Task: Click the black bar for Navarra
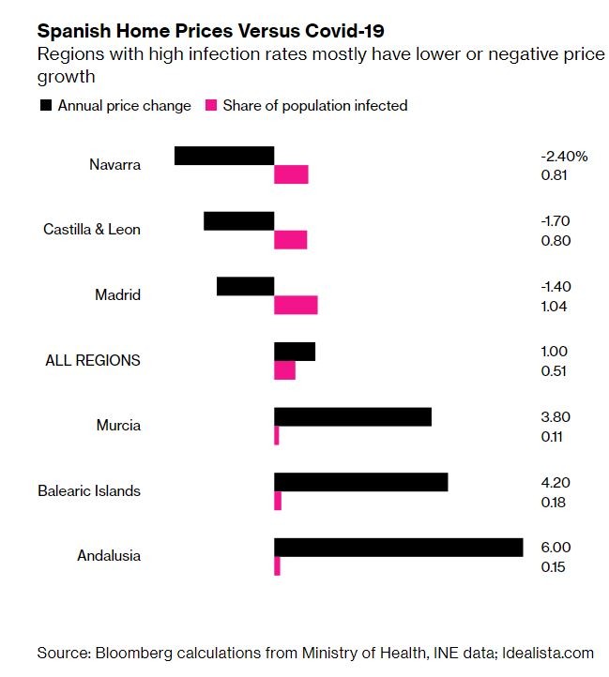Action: click(224, 156)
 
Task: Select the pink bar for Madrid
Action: click(296, 306)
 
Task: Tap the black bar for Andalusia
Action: click(398, 548)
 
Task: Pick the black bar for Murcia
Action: click(353, 416)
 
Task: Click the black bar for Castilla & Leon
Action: click(238, 221)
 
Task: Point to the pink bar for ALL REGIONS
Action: click(284, 371)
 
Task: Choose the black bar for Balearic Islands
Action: click(360, 482)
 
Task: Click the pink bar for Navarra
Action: click(291, 175)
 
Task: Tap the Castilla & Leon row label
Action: click(92, 230)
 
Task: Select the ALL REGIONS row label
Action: click(93, 360)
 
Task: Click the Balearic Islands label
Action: click(89, 490)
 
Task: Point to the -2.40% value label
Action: click(564, 157)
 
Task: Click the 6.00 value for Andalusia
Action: click(556, 548)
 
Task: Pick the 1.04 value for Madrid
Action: click(555, 306)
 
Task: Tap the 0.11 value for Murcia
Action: click(554, 437)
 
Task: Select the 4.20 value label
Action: click(556, 483)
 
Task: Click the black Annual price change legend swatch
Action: click(45, 106)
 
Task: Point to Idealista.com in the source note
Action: click(548, 653)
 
